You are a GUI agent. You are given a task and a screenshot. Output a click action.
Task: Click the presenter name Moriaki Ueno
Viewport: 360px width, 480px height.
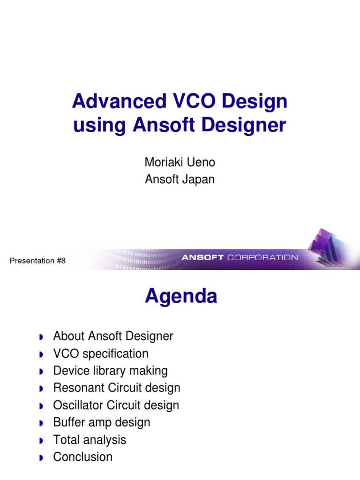point(180,162)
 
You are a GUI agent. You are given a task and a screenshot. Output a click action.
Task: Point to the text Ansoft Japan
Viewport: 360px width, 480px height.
point(180,179)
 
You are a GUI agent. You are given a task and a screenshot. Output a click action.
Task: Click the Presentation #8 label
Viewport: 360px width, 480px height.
point(37,261)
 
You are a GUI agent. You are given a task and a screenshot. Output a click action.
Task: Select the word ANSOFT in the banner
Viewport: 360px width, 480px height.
point(203,257)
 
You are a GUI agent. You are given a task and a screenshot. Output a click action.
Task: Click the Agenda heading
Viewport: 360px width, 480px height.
point(180,296)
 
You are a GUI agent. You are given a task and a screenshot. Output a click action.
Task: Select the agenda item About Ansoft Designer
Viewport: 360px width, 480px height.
point(113,336)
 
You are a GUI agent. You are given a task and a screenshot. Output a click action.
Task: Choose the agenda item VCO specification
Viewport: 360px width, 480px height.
point(101,353)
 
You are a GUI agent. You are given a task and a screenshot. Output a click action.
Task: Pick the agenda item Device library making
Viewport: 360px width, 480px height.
point(110,371)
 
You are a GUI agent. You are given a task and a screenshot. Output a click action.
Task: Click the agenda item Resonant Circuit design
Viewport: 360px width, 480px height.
point(117,388)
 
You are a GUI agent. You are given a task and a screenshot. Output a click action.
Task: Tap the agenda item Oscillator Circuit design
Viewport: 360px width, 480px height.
point(116,405)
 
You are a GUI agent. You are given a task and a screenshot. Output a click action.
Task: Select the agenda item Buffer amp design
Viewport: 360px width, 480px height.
point(102,422)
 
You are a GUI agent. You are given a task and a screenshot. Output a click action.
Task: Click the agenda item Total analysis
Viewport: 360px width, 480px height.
point(90,440)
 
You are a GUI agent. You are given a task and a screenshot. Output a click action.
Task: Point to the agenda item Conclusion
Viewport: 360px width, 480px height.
point(83,457)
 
